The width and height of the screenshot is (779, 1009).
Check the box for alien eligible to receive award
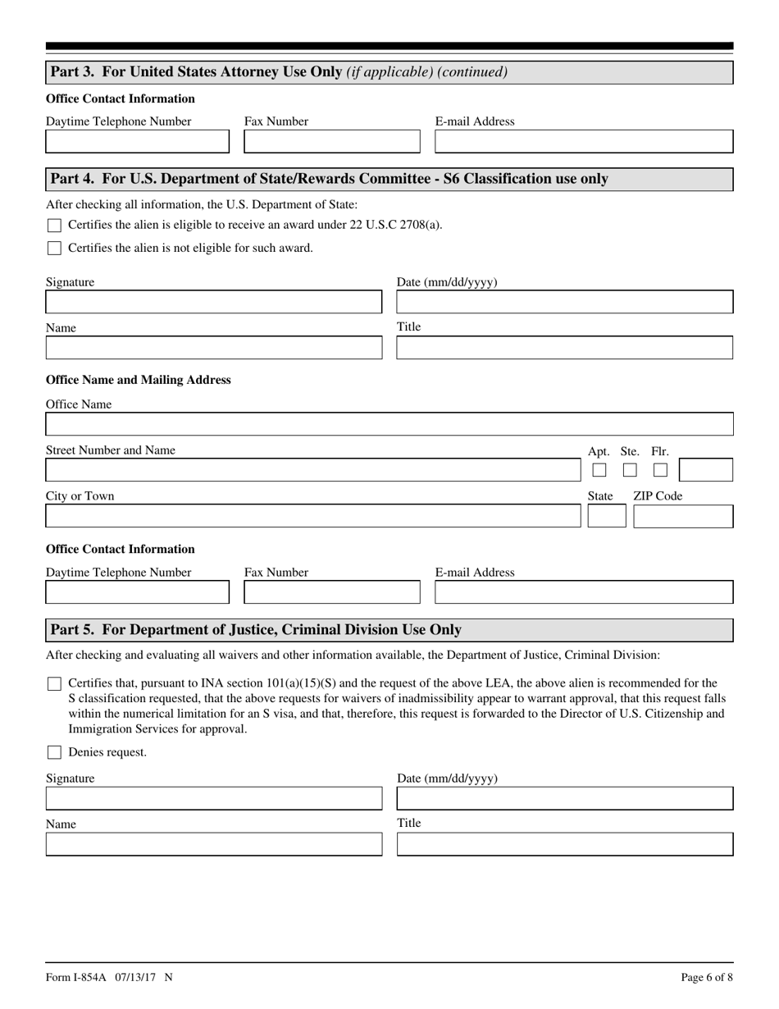pyautogui.click(x=54, y=226)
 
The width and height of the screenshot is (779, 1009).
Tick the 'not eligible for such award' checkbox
pyautogui.click(x=54, y=249)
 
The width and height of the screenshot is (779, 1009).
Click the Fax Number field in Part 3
pyautogui.click(x=332, y=142)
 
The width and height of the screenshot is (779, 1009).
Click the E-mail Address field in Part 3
pyautogui.click(x=584, y=142)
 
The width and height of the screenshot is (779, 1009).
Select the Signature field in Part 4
pyautogui.click(x=214, y=302)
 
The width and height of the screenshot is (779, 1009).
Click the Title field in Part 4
pyautogui.click(x=565, y=348)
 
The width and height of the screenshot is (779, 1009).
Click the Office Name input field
pyautogui.click(x=389, y=424)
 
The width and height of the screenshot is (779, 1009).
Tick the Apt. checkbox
pyautogui.click(x=599, y=471)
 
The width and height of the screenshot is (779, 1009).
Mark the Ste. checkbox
pyautogui.click(x=630, y=471)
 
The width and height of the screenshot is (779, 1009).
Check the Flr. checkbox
pyautogui.click(x=660, y=471)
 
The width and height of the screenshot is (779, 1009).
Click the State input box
pyautogui.click(x=607, y=517)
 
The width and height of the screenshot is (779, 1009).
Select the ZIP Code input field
pyautogui.click(x=683, y=517)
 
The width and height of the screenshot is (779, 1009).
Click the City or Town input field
pyautogui.click(x=312, y=516)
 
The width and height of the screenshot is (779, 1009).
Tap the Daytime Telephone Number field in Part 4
pyautogui.click(x=138, y=592)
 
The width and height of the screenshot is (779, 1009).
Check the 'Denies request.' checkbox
pyautogui.click(x=54, y=752)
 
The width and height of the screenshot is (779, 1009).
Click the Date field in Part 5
pyautogui.click(x=565, y=799)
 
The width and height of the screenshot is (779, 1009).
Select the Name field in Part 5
pyautogui.click(x=214, y=844)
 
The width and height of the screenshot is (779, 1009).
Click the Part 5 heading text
pyautogui.click(x=256, y=630)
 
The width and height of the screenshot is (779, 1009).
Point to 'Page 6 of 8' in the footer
pyautogui.click(x=707, y=977)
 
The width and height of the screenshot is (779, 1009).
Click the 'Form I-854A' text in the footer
pyautogui.click(x=75, y=977)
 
